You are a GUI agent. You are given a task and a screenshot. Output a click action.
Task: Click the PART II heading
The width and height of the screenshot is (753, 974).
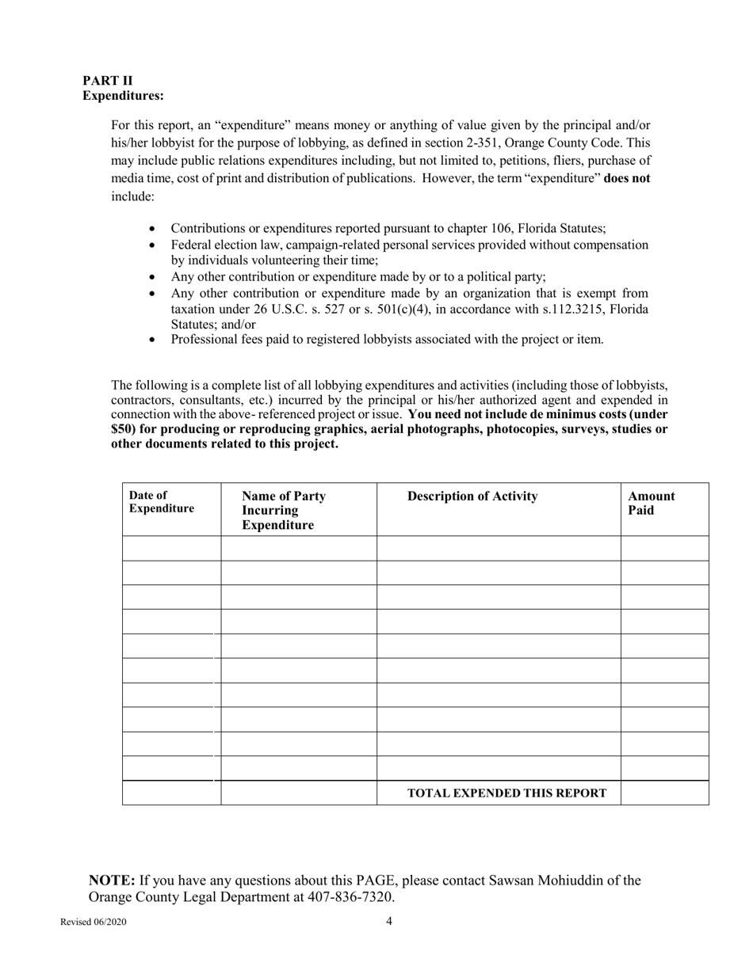pos(108,81)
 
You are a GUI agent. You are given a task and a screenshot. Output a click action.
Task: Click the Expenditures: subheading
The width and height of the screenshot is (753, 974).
pos(124,96)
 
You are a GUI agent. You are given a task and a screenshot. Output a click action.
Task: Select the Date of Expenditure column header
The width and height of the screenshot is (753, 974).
pos(162,502)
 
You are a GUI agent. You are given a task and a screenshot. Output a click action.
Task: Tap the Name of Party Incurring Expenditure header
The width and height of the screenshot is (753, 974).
pos(284,510)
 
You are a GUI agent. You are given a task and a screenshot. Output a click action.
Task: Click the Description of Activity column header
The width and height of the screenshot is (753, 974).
pos(472,497)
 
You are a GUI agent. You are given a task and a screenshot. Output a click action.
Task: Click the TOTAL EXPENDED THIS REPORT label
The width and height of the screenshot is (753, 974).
pos(506,793)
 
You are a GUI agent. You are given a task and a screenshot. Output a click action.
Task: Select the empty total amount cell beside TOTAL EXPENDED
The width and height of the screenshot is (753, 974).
pos(664,793)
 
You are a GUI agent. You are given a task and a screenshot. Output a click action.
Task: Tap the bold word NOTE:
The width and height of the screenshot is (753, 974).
pos(111,880)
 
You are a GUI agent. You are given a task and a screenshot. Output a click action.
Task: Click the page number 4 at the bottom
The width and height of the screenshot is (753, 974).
pos(389,920)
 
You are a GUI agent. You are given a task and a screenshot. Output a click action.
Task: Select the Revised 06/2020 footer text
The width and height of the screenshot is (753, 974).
pos(94,922)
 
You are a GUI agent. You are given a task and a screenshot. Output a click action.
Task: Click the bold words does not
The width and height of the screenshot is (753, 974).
pos(626,178)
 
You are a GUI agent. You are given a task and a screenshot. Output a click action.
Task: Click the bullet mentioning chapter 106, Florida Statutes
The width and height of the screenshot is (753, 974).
pos(388,228)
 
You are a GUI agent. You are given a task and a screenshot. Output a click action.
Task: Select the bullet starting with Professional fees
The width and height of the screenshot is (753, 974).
pos(387,339)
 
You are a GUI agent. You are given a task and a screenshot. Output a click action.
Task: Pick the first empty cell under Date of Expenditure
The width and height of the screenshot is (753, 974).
pos(171,548)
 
